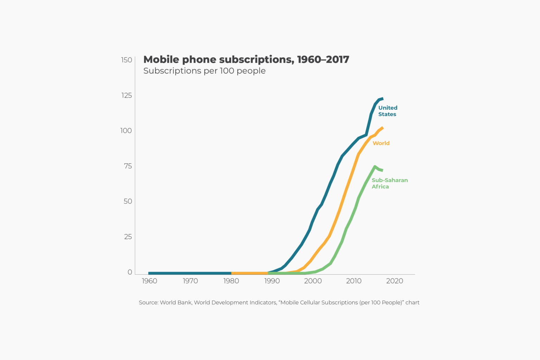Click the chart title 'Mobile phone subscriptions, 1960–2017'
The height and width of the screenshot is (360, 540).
pyautogui.click(x=246, y=59)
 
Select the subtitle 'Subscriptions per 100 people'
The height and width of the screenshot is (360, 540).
pyautogui.click(x=204, y=71)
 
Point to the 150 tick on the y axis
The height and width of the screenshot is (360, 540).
pyautogui.click(x=127, y=60)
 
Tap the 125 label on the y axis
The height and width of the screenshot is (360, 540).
pyautogui.click(x=127, y=95)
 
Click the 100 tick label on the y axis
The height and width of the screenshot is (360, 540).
pyautogui.click(x=126, y=131)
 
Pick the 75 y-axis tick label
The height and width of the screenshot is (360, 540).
pyautogui.click(x=128, y=166)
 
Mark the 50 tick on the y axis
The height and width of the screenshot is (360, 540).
pyautogui.click(x=128, y=201)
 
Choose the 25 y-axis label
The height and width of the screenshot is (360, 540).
pyautogui.click(x=128, y=237)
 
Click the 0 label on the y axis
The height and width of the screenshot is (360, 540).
pyautogui.click(x=130, y=272)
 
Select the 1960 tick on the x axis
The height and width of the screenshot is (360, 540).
pyautogui.click(x=149, y=281)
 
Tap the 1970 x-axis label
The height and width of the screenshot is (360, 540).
pyautogui.click(x=190, y=281)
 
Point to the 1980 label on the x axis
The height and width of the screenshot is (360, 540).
pyautogui.click(x=231, y=281)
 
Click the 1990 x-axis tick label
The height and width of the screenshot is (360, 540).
pyautogui.click(x=272, y=281)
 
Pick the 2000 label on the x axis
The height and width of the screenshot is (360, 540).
pyautogui.click(x=313, y=281)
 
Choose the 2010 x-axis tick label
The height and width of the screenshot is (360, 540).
pyautogui.click(x=354, y=281)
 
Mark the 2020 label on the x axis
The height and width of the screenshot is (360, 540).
pyautogui.click(x=394, y=281)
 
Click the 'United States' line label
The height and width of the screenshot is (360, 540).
pyautogui.click(x=387, y=111)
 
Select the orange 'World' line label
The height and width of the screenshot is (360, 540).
pyautogui.click(x=381, y=143)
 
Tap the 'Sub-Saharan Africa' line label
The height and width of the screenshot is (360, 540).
pyautogui.click(x=390, y=183)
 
